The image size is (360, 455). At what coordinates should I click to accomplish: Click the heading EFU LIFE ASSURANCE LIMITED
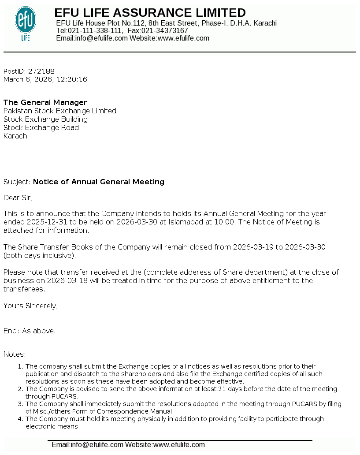[x=150, y=13]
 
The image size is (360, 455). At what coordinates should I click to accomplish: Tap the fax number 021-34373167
[x=164, y=31]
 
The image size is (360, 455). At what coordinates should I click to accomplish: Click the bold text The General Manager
[x=45, y=103]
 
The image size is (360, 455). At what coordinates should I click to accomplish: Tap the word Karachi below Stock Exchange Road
[x=16, y=136]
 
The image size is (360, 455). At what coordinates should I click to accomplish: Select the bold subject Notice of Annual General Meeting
[x=99, y=182]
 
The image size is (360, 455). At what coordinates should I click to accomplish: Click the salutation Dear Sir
[x=18, y=198]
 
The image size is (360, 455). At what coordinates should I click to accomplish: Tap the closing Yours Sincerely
[x=30, y=306]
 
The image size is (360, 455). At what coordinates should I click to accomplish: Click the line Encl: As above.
[x=30, y=331]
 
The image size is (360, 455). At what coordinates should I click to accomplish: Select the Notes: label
[x=15, y=354]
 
